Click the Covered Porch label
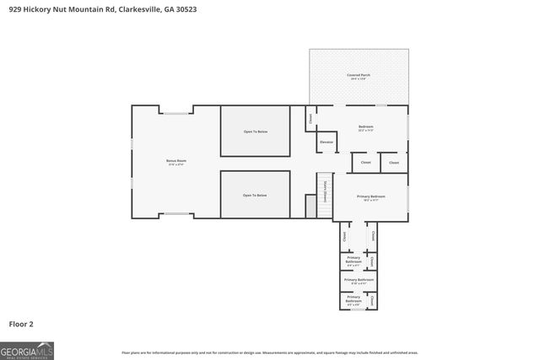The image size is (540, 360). (x=359, y=77)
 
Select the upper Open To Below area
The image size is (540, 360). (x=255, y=132)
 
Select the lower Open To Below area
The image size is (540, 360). (x=255, y=195)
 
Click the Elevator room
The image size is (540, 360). (x=327, y=142)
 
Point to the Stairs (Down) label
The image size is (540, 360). (x=325, y=191)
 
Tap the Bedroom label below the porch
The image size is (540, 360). (x=365, y=128)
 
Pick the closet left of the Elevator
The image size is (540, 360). (x=310, y=119)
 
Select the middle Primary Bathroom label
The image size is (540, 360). (x=359, y=281)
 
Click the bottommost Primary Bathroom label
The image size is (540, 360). (x=353, y=299)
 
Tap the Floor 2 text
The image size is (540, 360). (x=21, y=324)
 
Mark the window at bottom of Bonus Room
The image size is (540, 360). (x=175, y=214)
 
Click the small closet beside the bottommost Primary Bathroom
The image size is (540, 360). (x=372, y=299)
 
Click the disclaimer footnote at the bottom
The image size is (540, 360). (x=269, y=352)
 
